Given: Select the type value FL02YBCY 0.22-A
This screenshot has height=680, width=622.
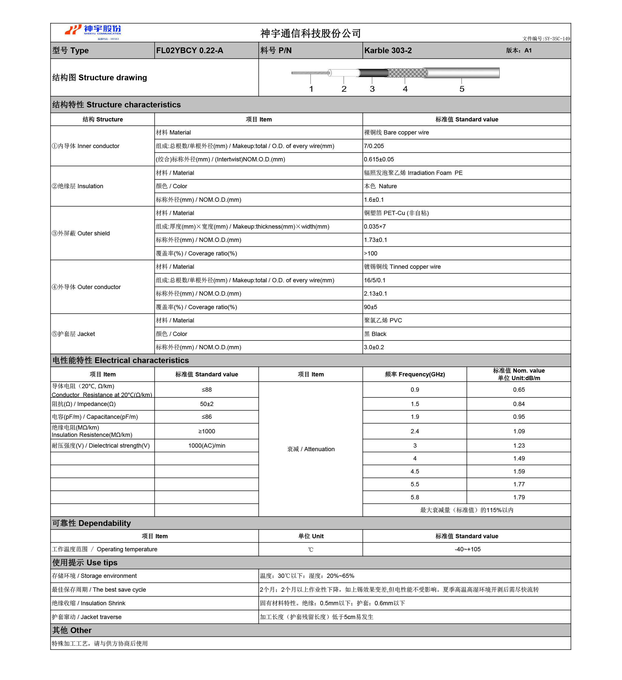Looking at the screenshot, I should (x=189, y=51).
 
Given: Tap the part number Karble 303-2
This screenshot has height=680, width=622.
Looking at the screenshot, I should (x=388, y=51).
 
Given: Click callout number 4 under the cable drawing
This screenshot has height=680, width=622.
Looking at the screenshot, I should (x=405, y=89).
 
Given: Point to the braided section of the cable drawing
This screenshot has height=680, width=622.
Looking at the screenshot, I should (x=408, y=73).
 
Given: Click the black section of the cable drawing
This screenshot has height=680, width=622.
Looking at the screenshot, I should (x=373, y=73).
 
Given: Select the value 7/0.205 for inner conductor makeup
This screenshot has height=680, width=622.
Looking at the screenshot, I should (x=374, y=146).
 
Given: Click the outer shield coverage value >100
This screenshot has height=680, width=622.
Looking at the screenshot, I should (x=371, y=254).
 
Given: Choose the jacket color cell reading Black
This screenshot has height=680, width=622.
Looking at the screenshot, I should (x=375, y=334).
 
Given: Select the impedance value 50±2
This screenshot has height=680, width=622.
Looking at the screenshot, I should (x=207, y=404).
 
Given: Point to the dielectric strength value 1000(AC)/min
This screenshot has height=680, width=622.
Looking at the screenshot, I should (x=207, y=446).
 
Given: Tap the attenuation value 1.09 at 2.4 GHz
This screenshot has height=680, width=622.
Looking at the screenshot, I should (x=519, y=431).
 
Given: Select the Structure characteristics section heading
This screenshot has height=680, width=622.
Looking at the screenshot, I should (x=117, y=105).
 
